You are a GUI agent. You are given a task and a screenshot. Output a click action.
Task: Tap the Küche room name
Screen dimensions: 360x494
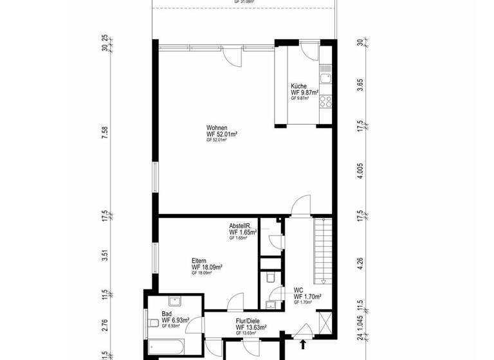(x=299, y=85)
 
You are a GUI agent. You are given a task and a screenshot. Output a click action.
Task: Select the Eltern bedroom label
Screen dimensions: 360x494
(x=199, y=260)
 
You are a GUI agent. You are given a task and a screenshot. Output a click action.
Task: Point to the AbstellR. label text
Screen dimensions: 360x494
(x=242, y=226)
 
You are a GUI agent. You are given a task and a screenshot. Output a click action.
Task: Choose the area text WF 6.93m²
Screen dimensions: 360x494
(x=175, y=319)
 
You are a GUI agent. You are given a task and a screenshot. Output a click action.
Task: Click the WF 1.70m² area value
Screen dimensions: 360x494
(x=307, y=296)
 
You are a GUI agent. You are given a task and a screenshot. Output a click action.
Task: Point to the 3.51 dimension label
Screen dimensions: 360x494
(x=105, y=255)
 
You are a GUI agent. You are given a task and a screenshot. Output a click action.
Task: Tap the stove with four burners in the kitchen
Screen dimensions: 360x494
(x=327, y=100)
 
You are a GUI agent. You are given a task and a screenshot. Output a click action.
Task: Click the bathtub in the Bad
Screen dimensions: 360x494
(x=167, y=348)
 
